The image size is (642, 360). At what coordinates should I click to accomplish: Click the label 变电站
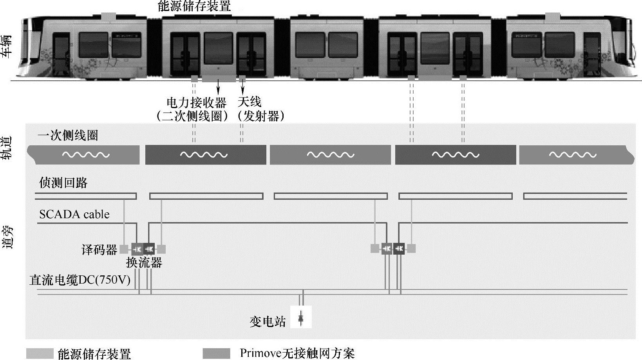click(268, 322)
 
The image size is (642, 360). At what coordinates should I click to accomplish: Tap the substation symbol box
click(301, 317)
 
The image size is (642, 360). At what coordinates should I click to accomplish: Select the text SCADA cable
click(74, 214)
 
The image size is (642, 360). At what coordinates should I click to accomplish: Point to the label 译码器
click(99, 250)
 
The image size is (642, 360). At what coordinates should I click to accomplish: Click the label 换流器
click(144, 262)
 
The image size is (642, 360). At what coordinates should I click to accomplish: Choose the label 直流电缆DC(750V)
click(80, 280)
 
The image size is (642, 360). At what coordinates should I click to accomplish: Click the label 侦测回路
click(63, 183)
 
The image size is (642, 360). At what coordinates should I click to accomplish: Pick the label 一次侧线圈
click(68, 136)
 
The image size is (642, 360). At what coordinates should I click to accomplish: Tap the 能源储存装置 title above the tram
click(194, 6)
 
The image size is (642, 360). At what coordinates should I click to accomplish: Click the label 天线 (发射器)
click(260, 109)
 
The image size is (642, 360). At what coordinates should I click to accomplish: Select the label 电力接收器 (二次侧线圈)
click(195, 109)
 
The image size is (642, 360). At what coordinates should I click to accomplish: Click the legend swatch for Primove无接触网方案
click(217, 353)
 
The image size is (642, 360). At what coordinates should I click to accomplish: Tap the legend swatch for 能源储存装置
click(40, 353)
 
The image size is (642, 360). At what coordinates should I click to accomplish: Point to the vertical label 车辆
click(7, 46)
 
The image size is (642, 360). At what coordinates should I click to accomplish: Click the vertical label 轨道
click(7, 148)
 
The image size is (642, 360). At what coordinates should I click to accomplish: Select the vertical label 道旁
click(7, 237)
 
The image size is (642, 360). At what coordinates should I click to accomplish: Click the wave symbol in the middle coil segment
click(330, 155)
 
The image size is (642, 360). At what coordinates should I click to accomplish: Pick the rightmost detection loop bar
click(575, 196)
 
